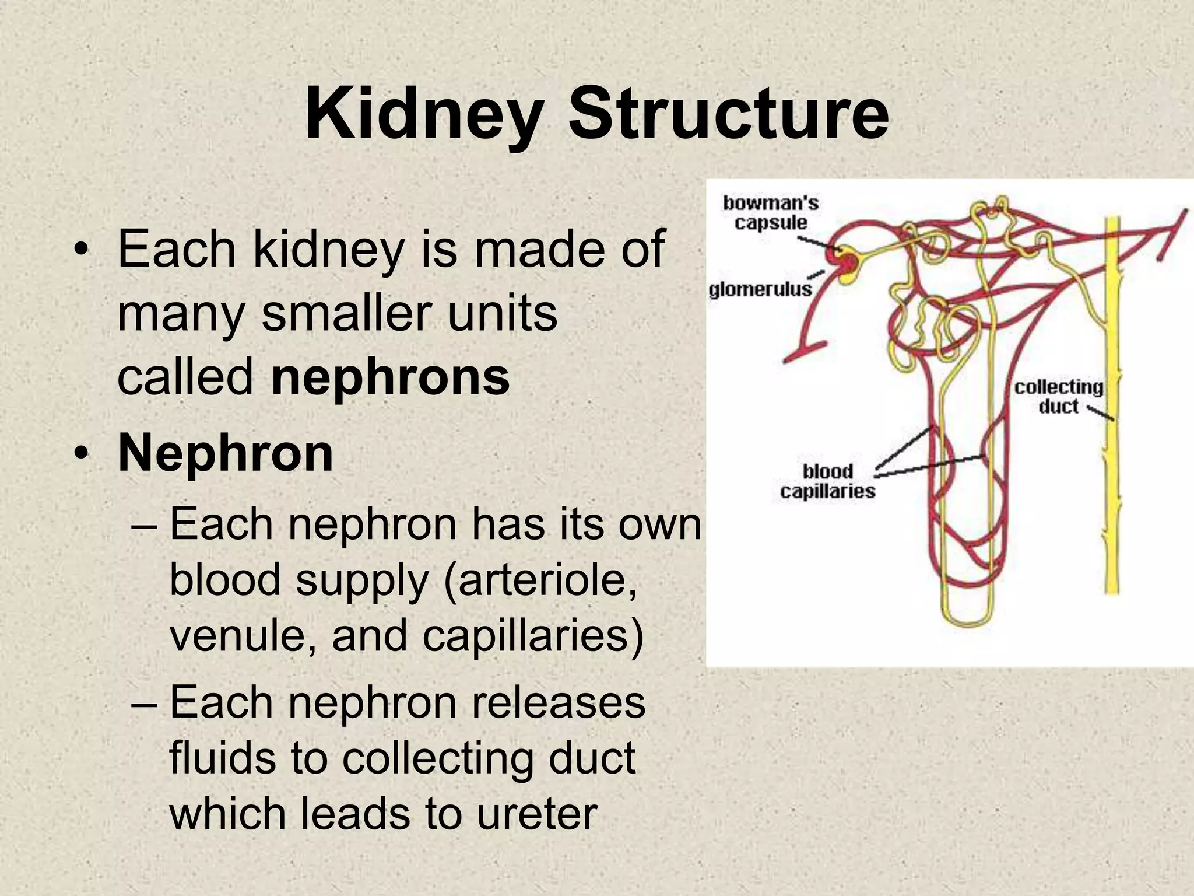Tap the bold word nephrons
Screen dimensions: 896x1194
point(390,377)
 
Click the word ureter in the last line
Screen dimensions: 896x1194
point(537,813)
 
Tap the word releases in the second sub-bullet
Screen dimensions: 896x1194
point(558,702)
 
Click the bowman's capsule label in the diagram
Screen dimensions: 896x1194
point(771,213)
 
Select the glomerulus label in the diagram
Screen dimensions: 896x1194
point(760,289)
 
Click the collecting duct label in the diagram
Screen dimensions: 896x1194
point(1058,397)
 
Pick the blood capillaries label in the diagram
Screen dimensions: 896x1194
point(827,481)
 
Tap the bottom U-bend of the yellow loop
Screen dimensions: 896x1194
point(968,621)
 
